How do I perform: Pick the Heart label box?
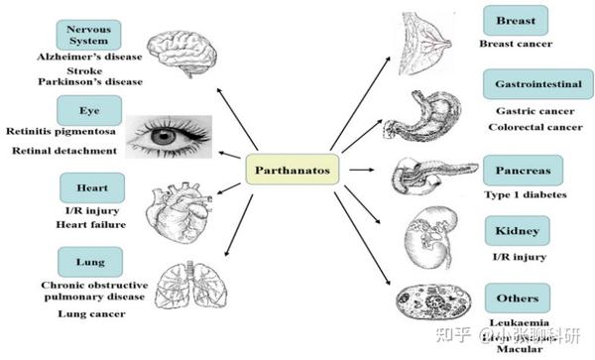pos(92,185)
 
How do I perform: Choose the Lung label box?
pos(92,262)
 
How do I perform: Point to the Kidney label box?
pos(516,233)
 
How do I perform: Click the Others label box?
pos(517,298)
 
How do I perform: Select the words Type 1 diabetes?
pos(527,194)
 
